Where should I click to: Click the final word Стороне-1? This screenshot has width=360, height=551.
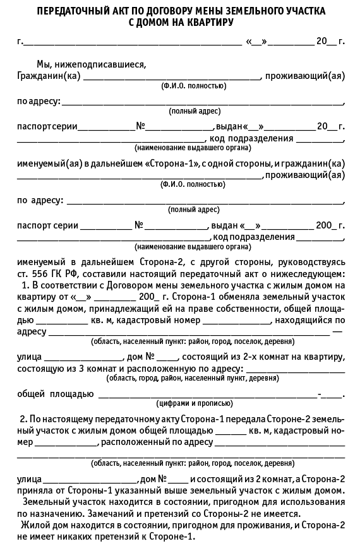pyautogui.click(x=171, y=536)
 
